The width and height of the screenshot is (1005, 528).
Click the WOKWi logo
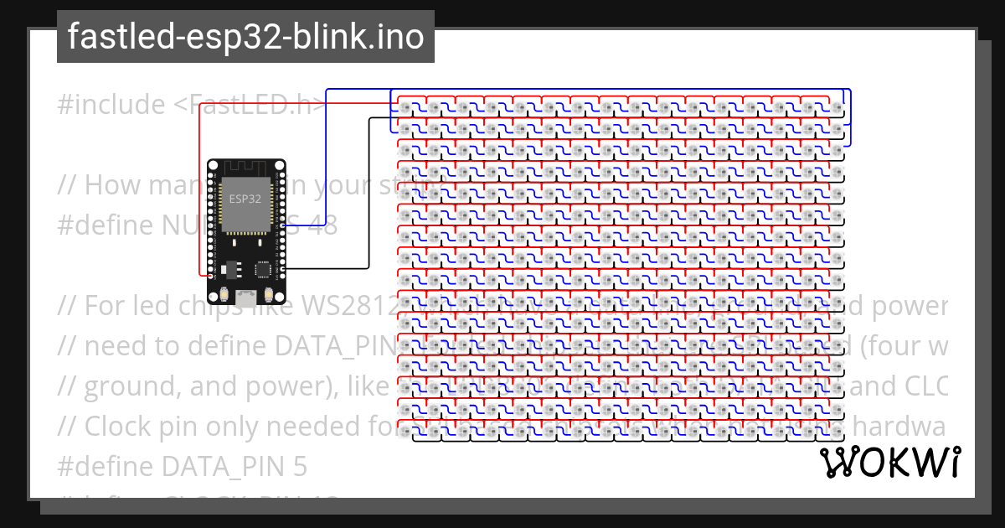coord(889,463)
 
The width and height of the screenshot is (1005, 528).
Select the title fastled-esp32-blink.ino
coord(245,37)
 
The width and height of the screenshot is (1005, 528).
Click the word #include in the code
coord(111,105)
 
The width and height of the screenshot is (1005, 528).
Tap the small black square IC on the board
coord(263,269)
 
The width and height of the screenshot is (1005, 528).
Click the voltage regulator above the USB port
coord(233,268)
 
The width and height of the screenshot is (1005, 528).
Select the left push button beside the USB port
coord(225,294)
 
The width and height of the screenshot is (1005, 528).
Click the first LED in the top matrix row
coord(406,107)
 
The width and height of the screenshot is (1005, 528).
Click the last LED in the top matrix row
coord(837,107)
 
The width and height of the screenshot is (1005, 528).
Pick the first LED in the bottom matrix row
coord(406,434)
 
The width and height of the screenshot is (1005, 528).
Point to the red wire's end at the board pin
coord(207,274)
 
